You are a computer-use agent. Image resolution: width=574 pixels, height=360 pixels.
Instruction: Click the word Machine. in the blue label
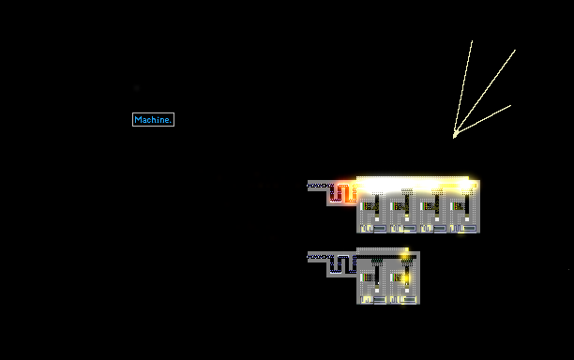pyautogui.click(x=153, y=120)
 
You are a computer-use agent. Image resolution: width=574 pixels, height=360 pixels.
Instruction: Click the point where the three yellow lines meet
pyautogui.click(x=454, y=137)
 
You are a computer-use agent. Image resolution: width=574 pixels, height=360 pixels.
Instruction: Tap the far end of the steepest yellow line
pyautogui.click(x=472, y=40)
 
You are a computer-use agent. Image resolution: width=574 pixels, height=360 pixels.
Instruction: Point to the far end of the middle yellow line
pyautogui.click(x=516, y=50)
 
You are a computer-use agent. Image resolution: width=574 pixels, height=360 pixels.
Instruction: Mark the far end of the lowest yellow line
pyautogui.click(x=510, y=106)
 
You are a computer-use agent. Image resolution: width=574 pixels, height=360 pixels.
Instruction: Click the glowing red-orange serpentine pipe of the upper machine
pyautogui.click(x=344, y=193)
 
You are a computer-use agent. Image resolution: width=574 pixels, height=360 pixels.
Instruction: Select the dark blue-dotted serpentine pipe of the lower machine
pyautogui.click(x=343, y=263)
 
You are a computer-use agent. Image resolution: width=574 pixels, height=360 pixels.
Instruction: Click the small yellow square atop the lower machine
pyautogui.click(x=407, y=249)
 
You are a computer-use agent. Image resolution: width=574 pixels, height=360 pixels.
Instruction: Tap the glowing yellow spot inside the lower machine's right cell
pyautogui.click(x=406, y=278)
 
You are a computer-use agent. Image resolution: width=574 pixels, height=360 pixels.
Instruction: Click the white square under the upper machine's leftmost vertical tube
pyautogui.click(x=377, y=219)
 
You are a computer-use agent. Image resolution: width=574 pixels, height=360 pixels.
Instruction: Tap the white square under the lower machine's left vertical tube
pyautogui.click(x=377, y=291)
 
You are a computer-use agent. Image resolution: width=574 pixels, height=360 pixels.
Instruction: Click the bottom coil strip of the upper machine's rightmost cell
pyautogui.click(x=463, y=229)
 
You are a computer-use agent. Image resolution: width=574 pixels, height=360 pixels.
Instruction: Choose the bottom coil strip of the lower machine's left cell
pyautogui.click(x=373, y=300)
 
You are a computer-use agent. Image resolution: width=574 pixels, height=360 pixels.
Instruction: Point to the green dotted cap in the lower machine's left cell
pyautogui.click(x=377, y=261)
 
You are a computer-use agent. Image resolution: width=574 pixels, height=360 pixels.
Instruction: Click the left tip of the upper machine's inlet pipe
pyautogui.click(x=308, y=186)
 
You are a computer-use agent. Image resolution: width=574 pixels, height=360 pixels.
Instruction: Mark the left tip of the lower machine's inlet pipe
pyautogui.click(x=308, y=257)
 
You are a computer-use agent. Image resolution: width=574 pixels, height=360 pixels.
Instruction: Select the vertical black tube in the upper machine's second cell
pyautogui.click(x=407, y=203)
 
